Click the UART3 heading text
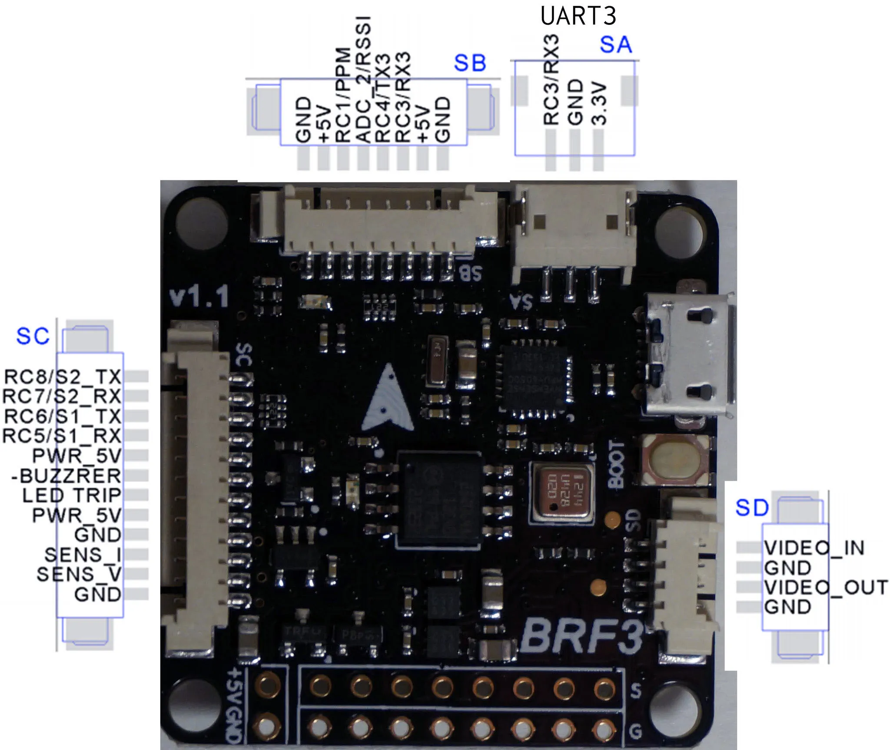578,16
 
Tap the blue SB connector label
470,63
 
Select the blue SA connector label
615,45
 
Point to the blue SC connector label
33,336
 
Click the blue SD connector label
752,507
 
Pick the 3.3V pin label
600,103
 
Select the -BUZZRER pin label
66,476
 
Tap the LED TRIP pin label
72,496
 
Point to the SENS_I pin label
83,555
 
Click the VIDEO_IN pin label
814,548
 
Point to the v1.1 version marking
199,297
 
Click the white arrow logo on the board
388,400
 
